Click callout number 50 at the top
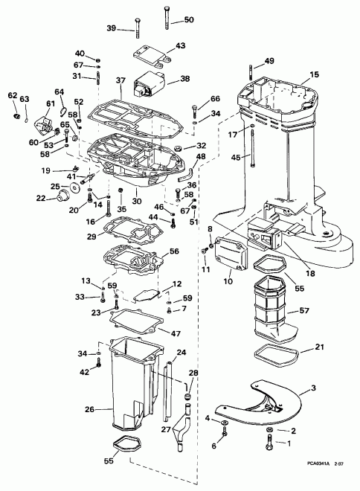188,19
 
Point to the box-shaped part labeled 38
149,84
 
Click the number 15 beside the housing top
314,74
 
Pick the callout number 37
119,80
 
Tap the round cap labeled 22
60,196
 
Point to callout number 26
89,408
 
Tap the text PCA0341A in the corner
317,484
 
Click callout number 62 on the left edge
12,95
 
